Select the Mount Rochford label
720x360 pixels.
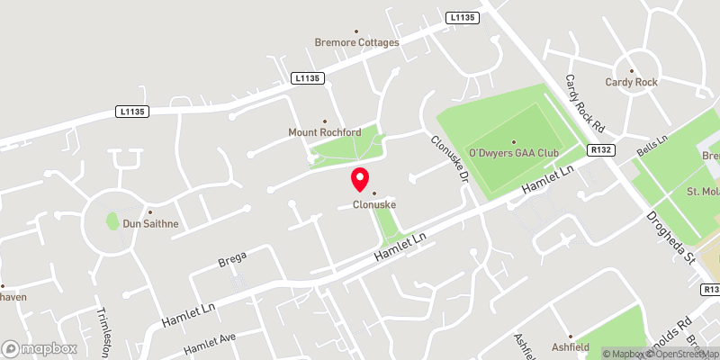[x=324, y=132]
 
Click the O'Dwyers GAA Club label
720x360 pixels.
[x=514, y=153]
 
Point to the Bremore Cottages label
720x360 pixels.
[x=355, y=41]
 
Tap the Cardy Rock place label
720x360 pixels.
[x=632, y=82]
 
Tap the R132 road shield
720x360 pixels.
[x=600, y=151]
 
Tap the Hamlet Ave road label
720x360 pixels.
[x=209, y=344]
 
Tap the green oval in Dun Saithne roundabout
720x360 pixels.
[x=112, y=220]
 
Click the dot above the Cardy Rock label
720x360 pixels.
[x=632, y=70]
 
